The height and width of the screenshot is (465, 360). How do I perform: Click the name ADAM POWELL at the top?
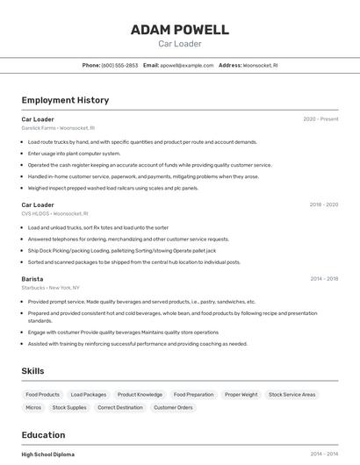179,30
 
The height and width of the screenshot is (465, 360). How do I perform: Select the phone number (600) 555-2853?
119,65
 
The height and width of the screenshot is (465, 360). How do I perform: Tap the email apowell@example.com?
186,65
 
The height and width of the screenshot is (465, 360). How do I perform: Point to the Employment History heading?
65,100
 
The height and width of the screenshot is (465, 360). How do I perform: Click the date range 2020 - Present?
320,119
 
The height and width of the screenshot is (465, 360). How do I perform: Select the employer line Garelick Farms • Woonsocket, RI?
58,128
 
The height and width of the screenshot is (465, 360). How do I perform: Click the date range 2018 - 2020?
323,204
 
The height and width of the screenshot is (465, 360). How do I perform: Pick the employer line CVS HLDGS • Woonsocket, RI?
54,213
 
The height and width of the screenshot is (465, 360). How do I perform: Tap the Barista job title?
32,279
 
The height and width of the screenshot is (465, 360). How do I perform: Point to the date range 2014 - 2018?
324,279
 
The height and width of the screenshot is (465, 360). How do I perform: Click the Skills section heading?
33,371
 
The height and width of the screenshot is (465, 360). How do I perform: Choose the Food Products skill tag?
43,395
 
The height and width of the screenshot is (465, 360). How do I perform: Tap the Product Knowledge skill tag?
140,395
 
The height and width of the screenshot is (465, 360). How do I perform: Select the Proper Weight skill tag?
241,395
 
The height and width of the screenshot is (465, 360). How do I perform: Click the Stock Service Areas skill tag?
292,395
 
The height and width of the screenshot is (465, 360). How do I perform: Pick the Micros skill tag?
33,407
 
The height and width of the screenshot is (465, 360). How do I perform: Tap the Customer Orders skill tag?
173,407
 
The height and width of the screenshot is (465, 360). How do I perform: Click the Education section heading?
43,435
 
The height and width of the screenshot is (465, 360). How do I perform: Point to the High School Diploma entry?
48,454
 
